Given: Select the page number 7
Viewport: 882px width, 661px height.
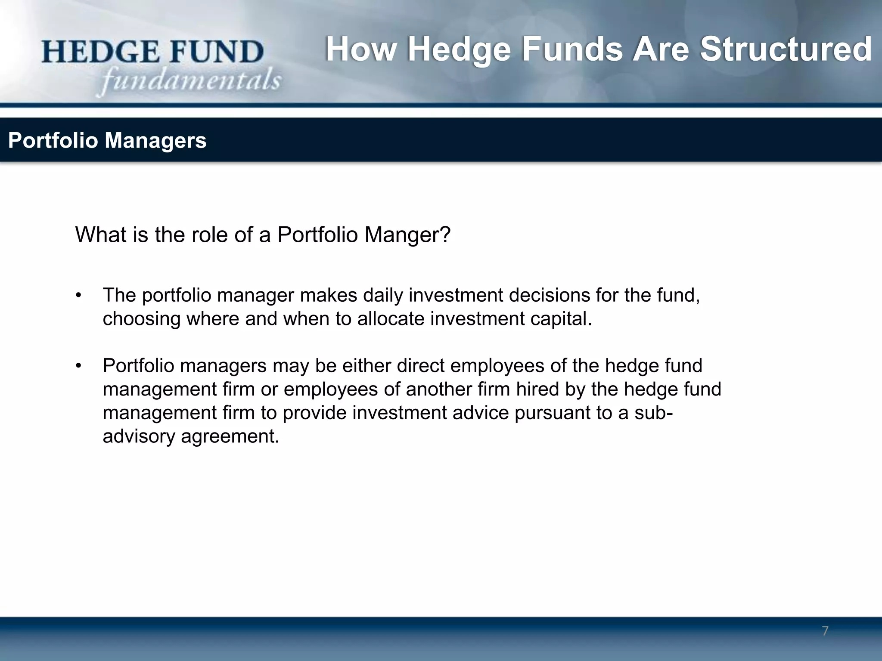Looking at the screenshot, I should pyautogui.click(x=825, y=631).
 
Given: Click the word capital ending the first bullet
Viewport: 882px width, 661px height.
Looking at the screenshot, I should pyautogui.click(x=561, y=319).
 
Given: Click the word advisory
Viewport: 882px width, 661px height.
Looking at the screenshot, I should pyautogui.click(x=139, y=436).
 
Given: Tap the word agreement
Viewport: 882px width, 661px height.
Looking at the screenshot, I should pyautogui.click(x=230, y=436).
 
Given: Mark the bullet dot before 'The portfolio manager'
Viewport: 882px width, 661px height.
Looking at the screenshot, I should pyautogui.click(x=78, y=296).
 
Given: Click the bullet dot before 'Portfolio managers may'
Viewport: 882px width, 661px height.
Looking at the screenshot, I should pyautogui.click(x=78, y=366).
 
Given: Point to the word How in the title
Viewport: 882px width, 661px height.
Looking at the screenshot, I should pyautogui.click(x=360, y=49).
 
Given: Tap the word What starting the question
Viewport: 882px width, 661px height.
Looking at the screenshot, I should pyautogui.click(x=100, y=235).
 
